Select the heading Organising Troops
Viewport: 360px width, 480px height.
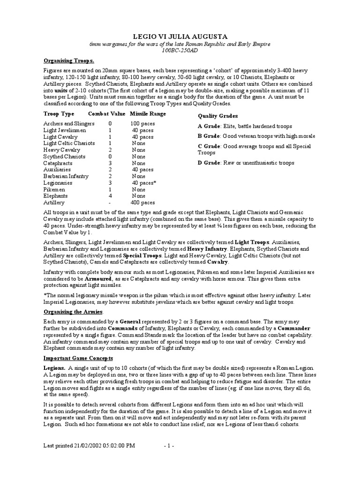(69, 61)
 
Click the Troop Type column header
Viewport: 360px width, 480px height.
(59, 114)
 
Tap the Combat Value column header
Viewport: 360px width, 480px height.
(107, 114)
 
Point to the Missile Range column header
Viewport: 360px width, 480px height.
(148, 114)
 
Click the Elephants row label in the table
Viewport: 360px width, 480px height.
(55, 196)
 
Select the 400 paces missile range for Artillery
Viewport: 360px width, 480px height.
(142, 202)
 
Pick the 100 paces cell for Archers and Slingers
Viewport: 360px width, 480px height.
(142, 124)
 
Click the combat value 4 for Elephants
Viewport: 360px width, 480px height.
(110, 196)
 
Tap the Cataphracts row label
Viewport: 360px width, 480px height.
(58, 163)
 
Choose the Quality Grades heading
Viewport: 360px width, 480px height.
(217, 116)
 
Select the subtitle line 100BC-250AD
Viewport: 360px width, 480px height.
(180, 50)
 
